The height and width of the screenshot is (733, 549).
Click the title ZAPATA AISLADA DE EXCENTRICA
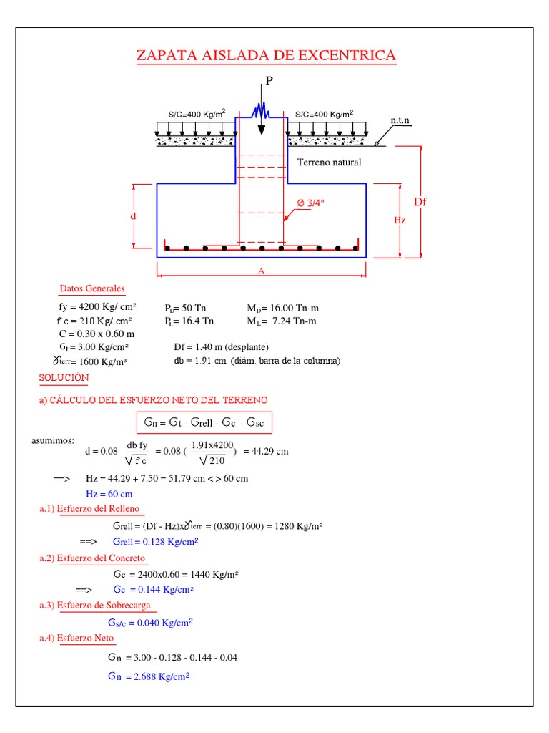[x=266, y=56]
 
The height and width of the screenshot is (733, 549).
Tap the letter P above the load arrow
[x=269, y=81]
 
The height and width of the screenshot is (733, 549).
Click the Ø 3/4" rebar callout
[x=311, y=203]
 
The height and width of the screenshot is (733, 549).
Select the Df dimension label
[x=420, y=202]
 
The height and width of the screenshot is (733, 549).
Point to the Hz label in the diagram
[x=400, y=220]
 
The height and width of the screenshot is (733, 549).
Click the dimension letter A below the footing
[x=262, y=271]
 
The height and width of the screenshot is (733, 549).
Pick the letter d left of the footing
[x=133, y=215]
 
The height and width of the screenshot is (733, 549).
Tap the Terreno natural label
[x=329, y=162]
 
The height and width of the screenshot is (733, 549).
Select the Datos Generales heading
[x=91, y=289]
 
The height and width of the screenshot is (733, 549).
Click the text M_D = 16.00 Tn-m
[x=282, y=307]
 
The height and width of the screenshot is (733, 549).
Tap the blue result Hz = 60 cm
[x=109, y=494]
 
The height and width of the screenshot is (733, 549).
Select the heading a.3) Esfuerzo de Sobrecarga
[x=99, y=606]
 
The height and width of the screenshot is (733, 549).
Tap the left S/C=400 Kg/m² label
[x=197, y=113]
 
